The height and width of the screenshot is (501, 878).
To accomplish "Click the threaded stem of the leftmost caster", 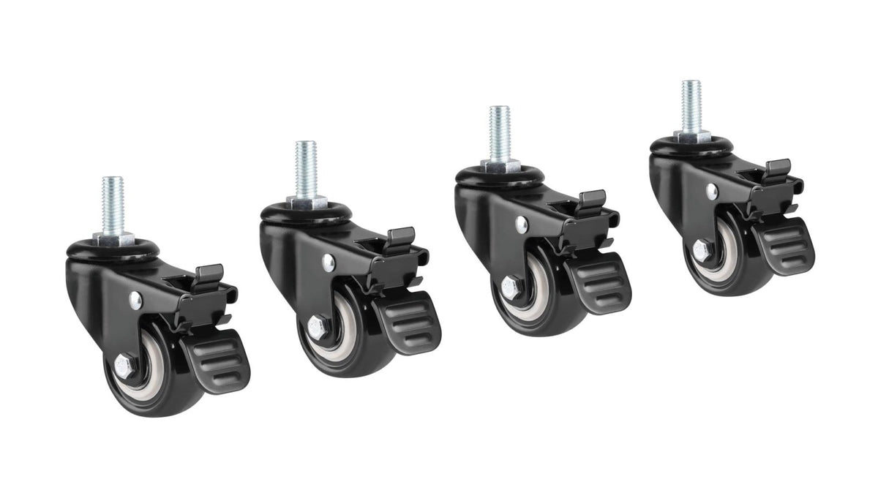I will click(x=113, y=203).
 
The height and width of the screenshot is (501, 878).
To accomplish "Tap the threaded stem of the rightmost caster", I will click(x=691, y=105).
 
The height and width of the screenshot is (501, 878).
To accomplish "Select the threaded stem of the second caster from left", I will click(x=306, y=167).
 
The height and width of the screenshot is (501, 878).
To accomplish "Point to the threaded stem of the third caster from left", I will click(x=500, y=133).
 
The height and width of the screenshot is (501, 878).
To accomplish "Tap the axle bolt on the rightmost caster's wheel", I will click(x=700, y=249).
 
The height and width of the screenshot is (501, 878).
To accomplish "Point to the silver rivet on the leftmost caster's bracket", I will click(x=135, y=298).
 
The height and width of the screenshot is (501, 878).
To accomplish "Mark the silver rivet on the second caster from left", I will click(x=328, y=260).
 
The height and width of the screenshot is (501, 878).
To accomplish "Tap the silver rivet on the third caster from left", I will click(x=520, y=222).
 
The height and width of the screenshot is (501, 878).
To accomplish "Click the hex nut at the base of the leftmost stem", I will click(x=113, y=238).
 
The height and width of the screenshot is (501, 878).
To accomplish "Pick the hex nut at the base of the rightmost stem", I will click(x=691, y=136).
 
